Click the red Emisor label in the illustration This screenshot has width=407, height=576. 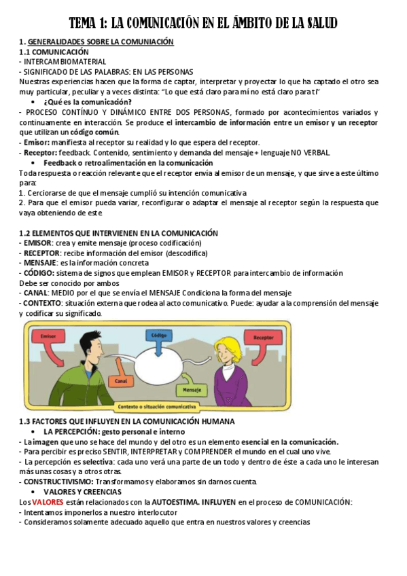pyautogui.click(x=48, y=336)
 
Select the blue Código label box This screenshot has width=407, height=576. pyautogui.click(x=160, y=336)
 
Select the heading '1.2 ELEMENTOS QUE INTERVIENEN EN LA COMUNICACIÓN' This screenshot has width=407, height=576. pyautogui.click(x=119, y=233)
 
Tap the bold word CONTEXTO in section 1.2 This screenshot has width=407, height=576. pyautogui.click(x=42, y=302)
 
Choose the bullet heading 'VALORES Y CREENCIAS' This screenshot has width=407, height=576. pyautogui.click(x=82, y=492)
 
